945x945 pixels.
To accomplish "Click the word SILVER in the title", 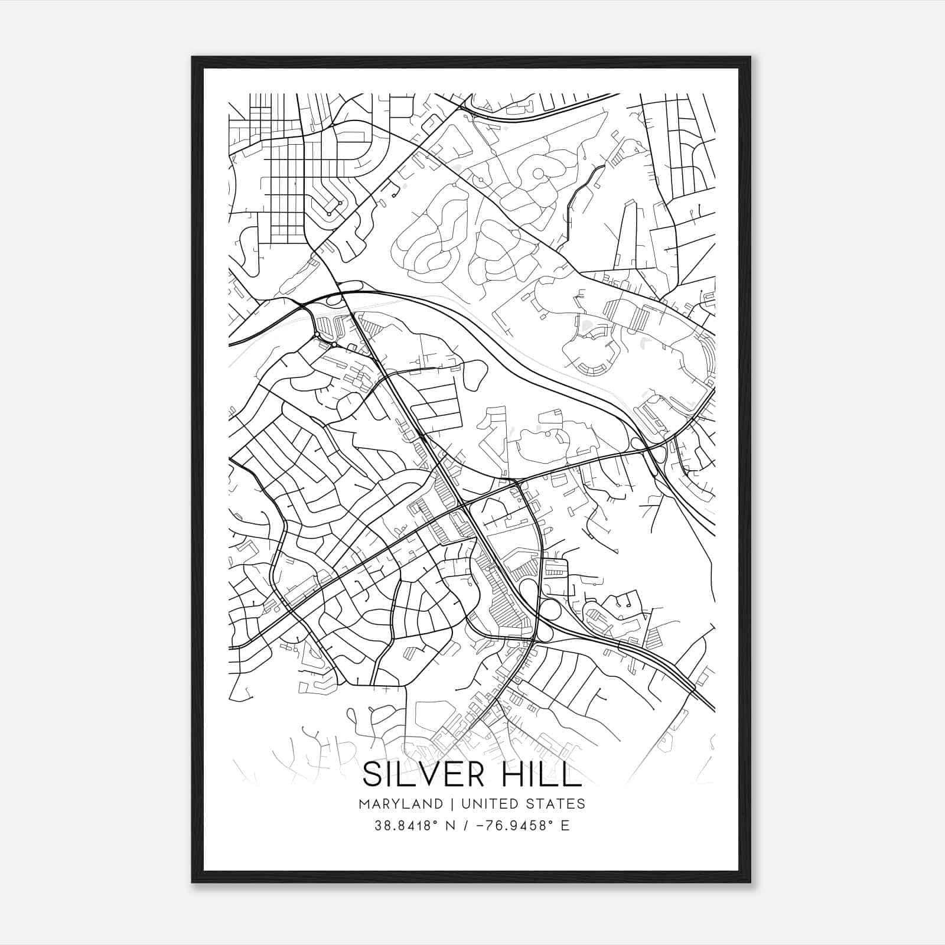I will [422, 774].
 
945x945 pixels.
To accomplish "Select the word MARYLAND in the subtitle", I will [400, 804].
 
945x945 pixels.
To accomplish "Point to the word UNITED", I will [487, 804].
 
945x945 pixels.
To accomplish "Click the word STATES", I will [556, 804].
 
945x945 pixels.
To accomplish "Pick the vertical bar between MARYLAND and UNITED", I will [452, 804].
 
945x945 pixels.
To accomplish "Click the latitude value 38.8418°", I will [407, 826].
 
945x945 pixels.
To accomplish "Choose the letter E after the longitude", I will [565, 826].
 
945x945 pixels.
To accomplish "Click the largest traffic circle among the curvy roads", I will [538, 173].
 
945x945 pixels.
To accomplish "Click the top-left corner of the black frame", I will [193, 58].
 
